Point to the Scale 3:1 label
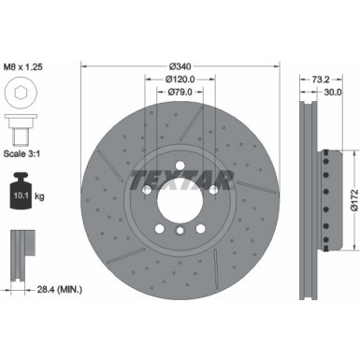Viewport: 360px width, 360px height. (x=25, y=152)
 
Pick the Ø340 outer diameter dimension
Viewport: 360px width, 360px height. (x=181, y=67)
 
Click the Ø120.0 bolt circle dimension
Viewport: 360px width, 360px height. (x=181, y=80)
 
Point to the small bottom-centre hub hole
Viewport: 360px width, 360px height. (x=180, y=230)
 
